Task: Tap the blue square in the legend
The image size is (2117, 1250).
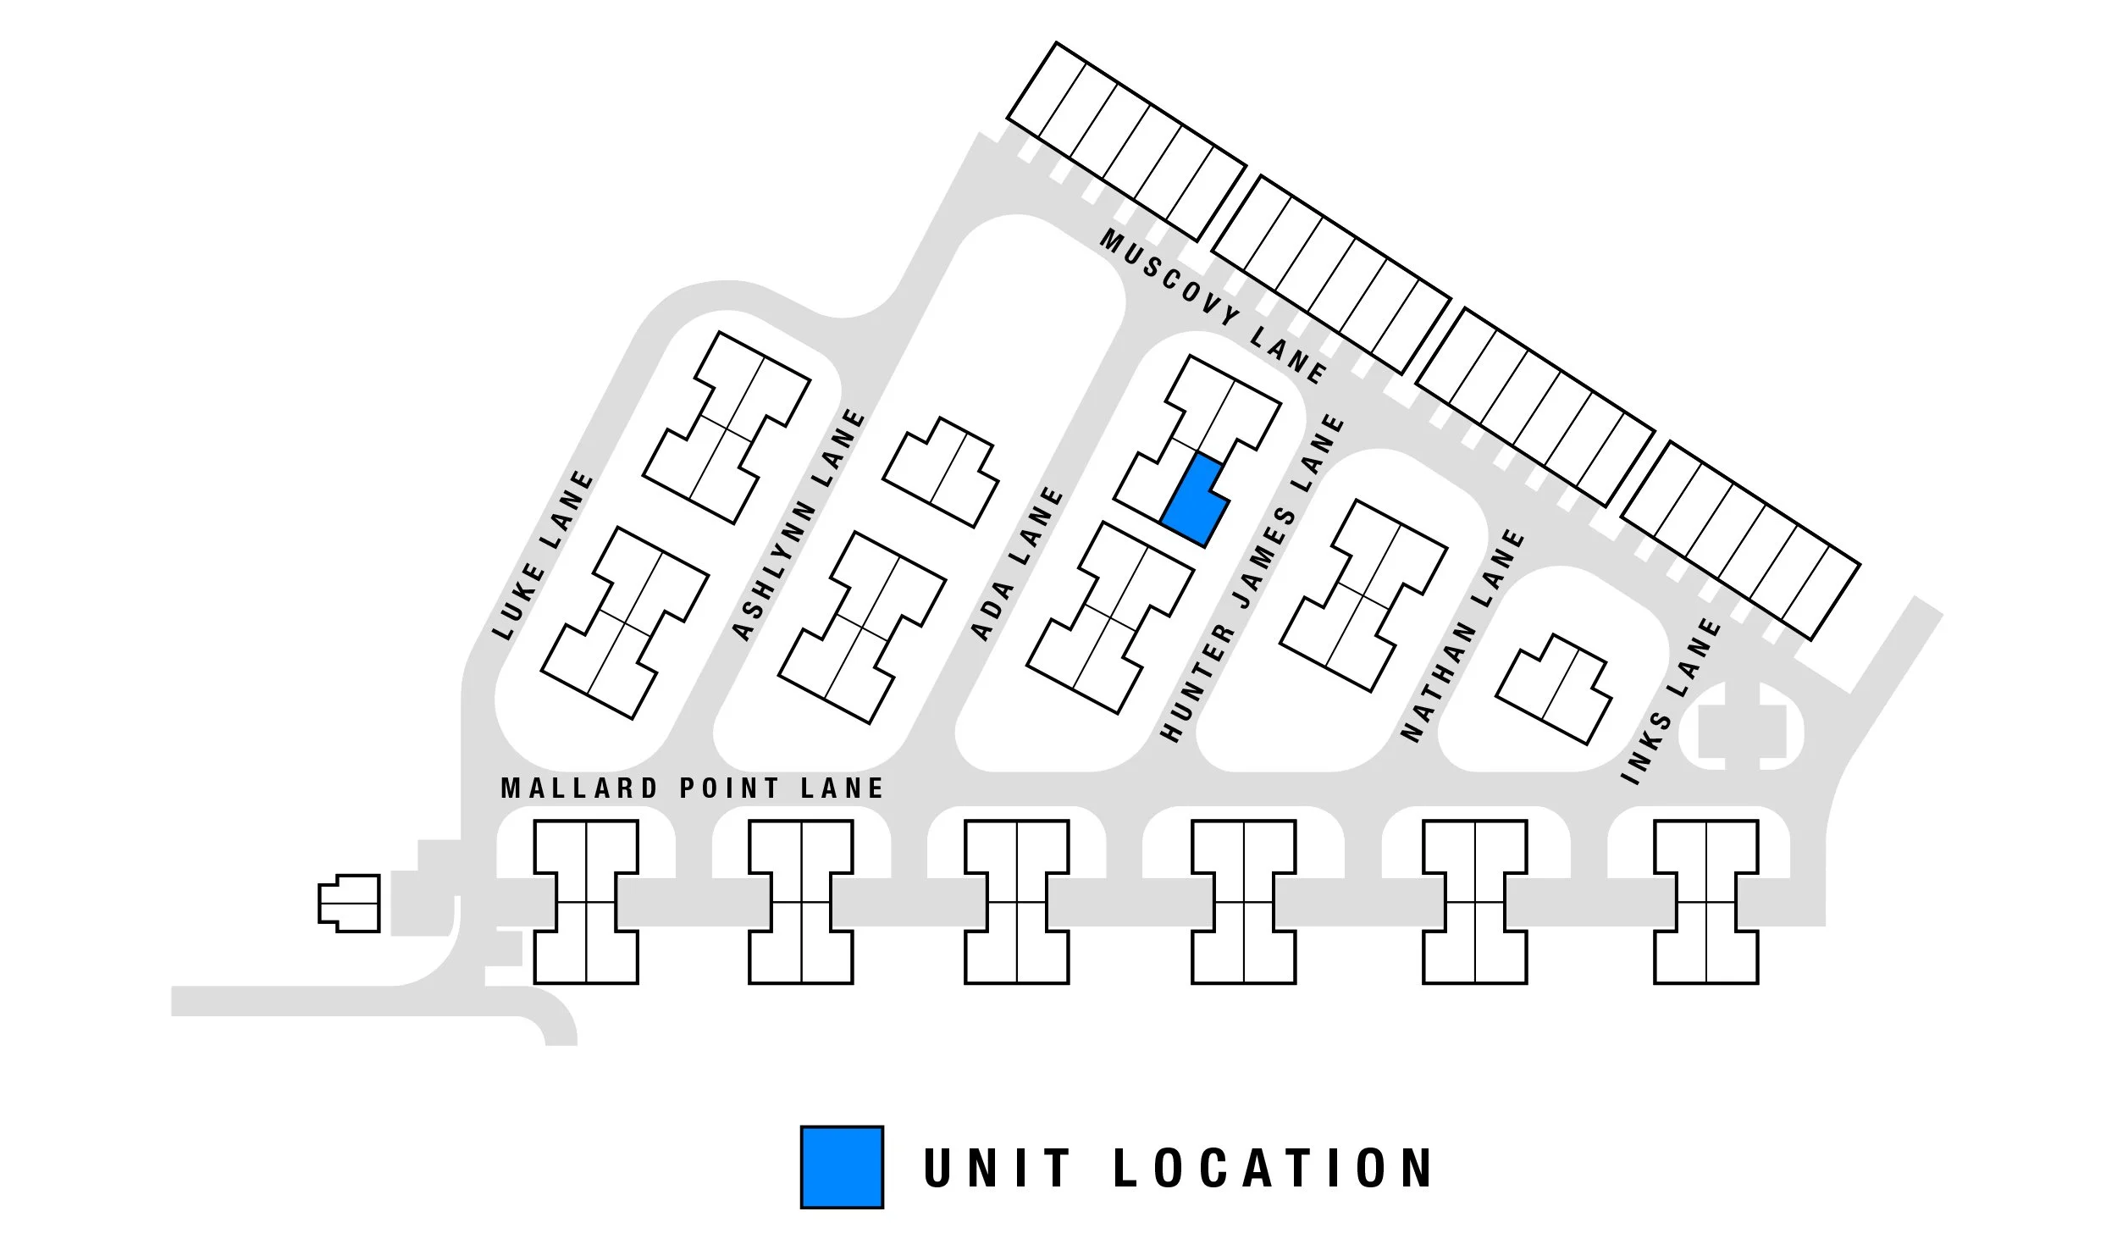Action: point(842,1166)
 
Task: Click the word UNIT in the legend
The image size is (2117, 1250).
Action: point(997,1168)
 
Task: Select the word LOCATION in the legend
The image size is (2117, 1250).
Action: point(1273,1168)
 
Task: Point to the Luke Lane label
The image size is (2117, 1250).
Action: point(543,556)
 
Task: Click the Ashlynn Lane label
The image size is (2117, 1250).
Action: point(799,525)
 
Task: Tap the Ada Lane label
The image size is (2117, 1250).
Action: point(1016,563)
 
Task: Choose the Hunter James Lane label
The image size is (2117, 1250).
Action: point(1252,578)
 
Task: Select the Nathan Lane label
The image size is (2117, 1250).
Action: point(1462,635)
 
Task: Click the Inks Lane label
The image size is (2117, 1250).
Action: point(1670,701)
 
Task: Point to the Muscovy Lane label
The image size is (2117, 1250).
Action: point(1213,307)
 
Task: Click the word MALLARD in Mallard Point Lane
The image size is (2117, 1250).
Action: point(579,788)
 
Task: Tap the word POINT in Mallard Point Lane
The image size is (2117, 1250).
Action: point(729,788)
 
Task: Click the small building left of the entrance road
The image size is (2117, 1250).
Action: point(349,903)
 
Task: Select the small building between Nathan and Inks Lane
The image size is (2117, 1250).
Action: point(1554,689)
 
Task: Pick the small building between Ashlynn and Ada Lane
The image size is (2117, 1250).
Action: point(940,472)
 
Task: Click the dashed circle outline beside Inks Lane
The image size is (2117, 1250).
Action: point(1741,727)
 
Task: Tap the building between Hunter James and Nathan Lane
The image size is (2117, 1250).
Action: point(1363,595)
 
